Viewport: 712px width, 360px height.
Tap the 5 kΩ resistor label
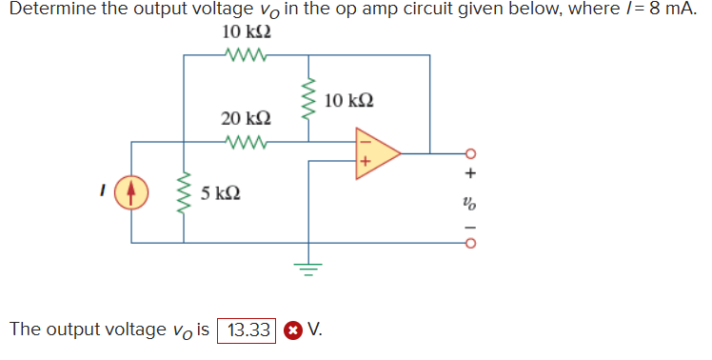tap(220, 194)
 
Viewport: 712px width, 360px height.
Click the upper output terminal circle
tap(468, 153)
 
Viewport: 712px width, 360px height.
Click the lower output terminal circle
tap(468, 241)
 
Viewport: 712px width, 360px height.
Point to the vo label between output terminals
tap(468, 202)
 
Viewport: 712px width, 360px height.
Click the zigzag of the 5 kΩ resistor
tap(184, 194)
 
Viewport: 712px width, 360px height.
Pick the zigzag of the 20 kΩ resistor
tap(247, 143)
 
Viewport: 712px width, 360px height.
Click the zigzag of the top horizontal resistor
tap(247, 55)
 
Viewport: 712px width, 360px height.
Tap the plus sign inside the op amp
tap(363, 163)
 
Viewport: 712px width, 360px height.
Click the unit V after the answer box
tap(315, 330)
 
